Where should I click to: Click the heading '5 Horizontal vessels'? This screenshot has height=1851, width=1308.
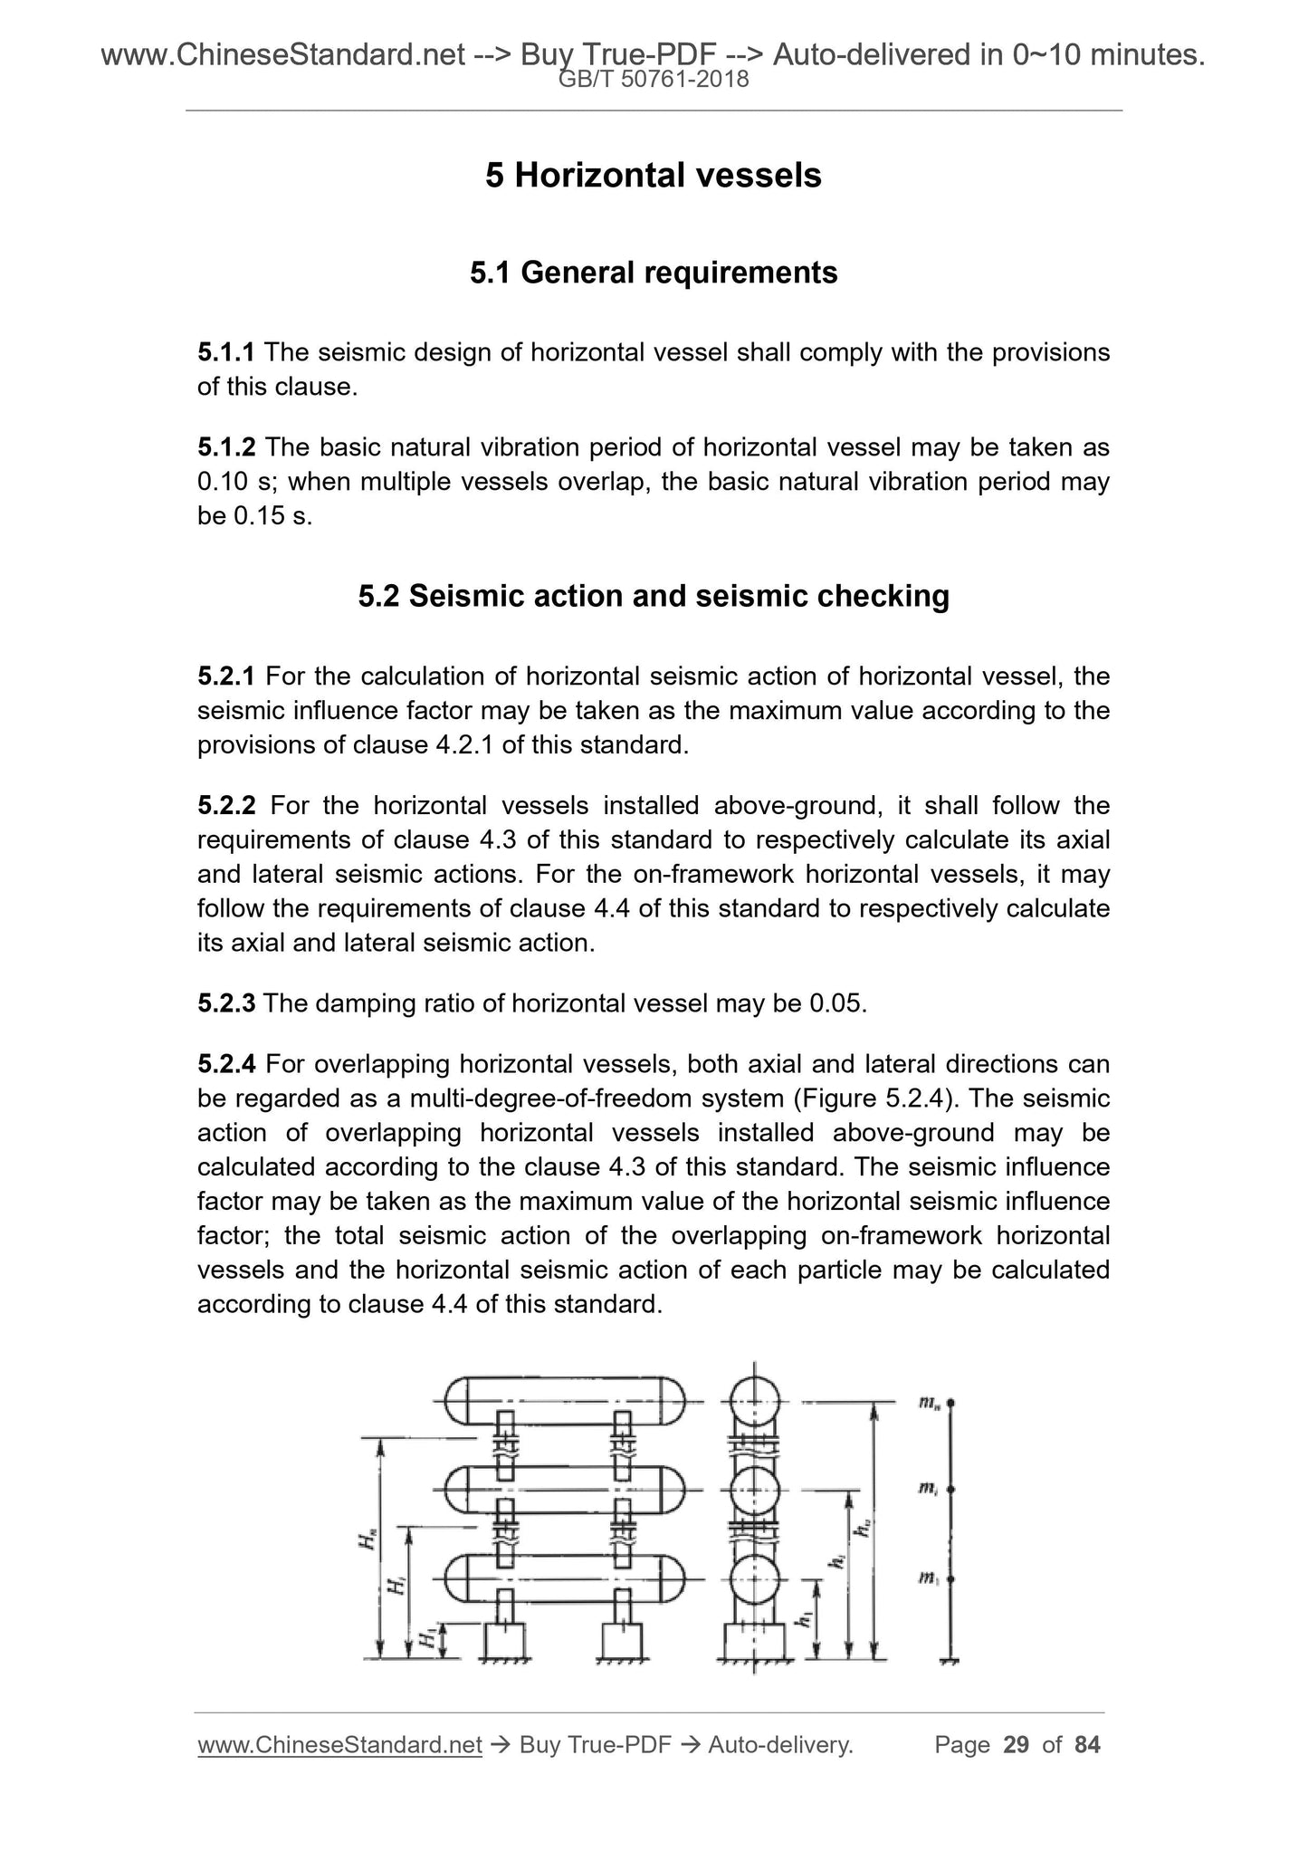(x=653, y=176)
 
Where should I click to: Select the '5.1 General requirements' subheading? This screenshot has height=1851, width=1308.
(x=653, y=272)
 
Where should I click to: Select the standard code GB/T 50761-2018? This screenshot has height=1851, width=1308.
(x=654, y=80)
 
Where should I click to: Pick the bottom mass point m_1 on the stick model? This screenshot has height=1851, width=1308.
(x=950, y=1578)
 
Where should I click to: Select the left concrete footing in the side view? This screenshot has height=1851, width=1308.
(x=505, y=1641)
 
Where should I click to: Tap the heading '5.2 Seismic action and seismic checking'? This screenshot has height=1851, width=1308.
(x=653, y=596)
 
